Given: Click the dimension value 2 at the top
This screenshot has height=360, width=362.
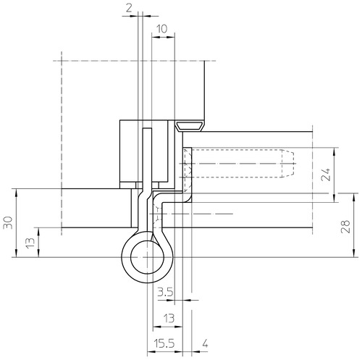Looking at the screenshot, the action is (129, 8).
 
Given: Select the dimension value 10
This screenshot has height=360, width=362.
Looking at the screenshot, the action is (161, 29).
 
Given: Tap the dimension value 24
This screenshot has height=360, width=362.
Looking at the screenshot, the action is (326, 175).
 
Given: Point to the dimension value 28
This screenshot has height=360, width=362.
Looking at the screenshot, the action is (345, 226).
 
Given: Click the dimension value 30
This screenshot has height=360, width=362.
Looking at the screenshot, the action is (8, 222).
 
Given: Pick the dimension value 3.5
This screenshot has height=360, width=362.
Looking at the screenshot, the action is (165, 293).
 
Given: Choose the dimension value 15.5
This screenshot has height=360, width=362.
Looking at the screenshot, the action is (164, 343).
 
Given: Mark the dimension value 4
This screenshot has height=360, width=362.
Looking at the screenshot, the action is (205, 343).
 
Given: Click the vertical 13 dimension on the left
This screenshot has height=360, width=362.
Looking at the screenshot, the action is (30, 243).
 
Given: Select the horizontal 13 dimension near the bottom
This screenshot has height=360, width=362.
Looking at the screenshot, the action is (169, 318).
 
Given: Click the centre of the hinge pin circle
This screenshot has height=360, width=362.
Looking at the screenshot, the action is (147, 257).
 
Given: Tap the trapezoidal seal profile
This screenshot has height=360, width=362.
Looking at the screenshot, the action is (190, 127).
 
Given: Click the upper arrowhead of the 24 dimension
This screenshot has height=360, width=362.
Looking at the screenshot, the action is (334, 150).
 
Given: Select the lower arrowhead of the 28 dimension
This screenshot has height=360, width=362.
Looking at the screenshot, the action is (354, 254).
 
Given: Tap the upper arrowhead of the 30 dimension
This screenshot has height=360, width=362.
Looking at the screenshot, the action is (16, 191).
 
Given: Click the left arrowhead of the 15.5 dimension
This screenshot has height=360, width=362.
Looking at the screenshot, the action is (150, 351).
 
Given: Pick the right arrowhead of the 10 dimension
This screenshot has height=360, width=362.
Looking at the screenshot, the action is (172, 37).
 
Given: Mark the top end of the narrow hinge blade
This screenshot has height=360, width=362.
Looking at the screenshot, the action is (147, 129).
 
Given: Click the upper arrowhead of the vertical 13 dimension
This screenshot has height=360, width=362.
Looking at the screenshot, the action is (38, 230).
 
